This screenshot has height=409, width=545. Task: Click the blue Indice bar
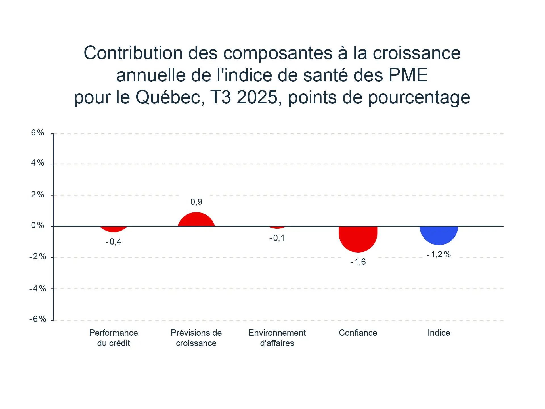pyautogui.click(x=439, y=235)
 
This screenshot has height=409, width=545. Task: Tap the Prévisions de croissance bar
pyautogui.click(x=196, y=220)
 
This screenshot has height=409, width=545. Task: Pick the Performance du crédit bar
pyautogui.click(x=114, y=229)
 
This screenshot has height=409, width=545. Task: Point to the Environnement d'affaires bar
pyautogui.click(x=277, y=227)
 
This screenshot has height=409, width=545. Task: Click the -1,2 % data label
pyautogui.click(x=439, y=254)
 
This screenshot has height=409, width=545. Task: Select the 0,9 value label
pyautogui.click(x=196, y=202)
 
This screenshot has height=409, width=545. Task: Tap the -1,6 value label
pyautogui.click(x=358, y=262)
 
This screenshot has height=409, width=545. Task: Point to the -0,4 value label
pyautogui.click(x=114, y=242)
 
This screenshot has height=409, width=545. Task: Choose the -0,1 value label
pyautogui.click(x=277, y=238)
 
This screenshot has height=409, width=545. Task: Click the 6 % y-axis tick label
pyautogui.click(x=38, y=133)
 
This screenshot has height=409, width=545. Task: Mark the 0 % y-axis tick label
pyautogui.click(x=38, y=226)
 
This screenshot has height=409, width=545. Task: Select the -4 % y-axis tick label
pyautogui.click(x=38, y=289)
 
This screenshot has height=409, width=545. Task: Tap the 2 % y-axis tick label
pyautogui.click(x=38, y=195)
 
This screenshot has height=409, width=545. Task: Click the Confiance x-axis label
pyautogui.click(x=358, y=333)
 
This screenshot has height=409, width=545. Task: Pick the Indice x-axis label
pyautogui.click(x=439, y=333)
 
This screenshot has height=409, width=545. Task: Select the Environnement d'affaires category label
pyautogui.click(x=277, y=338)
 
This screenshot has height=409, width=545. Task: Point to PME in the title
pyautogui.click(x=408, y=75)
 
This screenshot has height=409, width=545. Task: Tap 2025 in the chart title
pyautogui.click(x=257, y=97)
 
